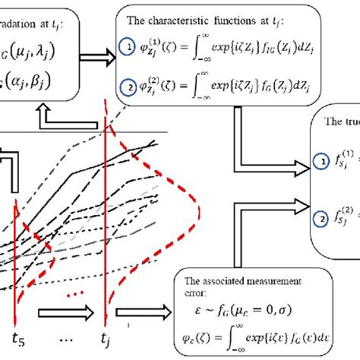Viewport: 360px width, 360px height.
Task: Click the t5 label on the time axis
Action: tap(16, 340)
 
